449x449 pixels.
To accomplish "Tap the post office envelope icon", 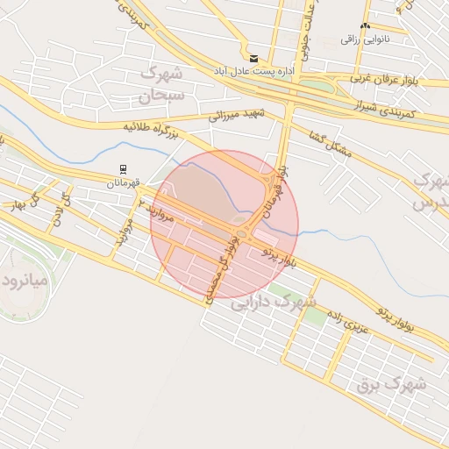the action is [x=254, y=59].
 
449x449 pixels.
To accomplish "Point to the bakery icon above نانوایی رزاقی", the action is [x=365, y=26].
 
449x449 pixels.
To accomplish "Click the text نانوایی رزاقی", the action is [x=365, y=39].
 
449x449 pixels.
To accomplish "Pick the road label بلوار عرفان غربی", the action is [x=387, y=79].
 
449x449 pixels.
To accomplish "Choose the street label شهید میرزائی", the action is [x=238, y=111].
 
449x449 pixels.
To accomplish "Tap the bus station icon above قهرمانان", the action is [x=124, y=169].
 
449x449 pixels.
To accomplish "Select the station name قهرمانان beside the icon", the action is [x=124, y=182].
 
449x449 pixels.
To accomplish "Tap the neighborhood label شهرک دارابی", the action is [x=272, y=304].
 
